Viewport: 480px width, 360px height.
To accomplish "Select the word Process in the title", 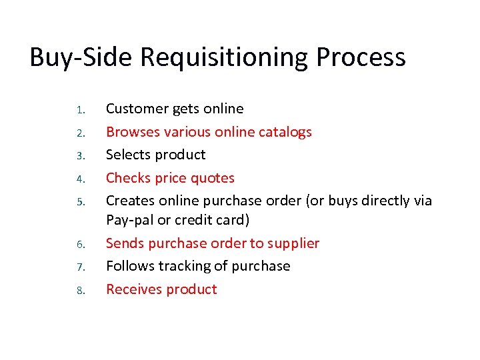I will click(x=361, y=57).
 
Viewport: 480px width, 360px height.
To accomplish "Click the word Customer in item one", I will click(x=136, y=109).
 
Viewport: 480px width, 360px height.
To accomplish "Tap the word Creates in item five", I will click(x=129, y=201).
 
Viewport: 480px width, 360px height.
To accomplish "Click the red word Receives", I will click(x=133, y=289).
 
